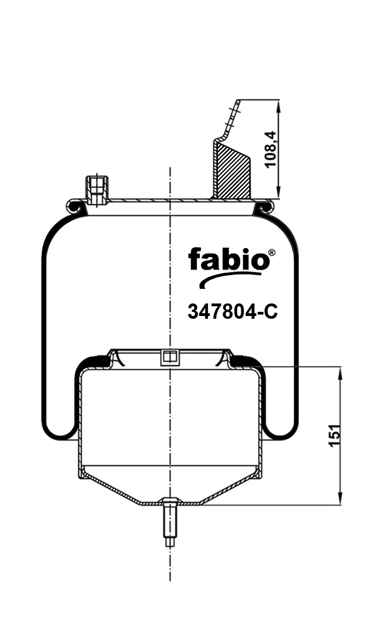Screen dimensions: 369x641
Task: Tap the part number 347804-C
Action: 232,313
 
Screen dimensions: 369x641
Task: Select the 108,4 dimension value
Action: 270,149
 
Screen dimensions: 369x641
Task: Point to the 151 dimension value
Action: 334,436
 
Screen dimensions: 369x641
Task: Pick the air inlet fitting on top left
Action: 96,190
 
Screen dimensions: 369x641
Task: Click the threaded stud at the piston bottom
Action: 170,522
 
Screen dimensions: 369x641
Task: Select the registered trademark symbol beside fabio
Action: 272,253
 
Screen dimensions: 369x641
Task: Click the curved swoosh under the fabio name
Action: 229,279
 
